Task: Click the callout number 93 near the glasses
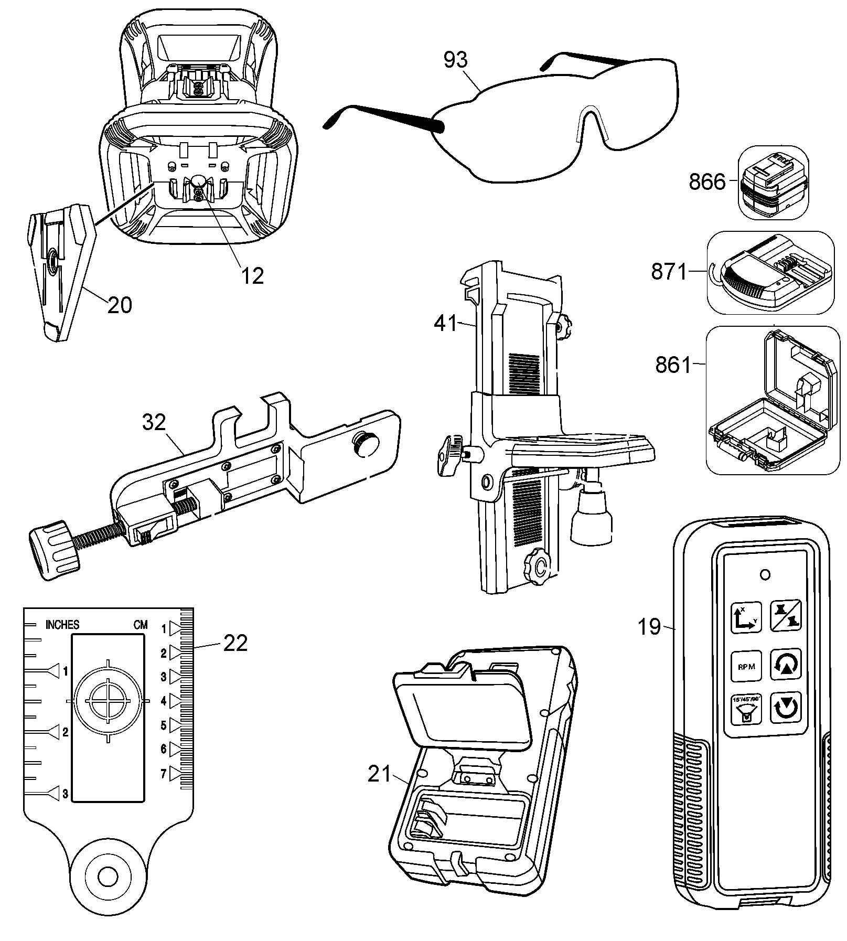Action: pyautogui.click(x=455, y=61)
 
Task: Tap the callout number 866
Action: pyautogui.click(x=707, y=182)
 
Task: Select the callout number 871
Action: pyautogui.click(x=669, y=272)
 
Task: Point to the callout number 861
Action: pyautogui.click(x=673, y=365)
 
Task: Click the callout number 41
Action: pyautogui.click(x=446, y=324)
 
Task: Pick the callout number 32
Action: pyautogui.click(x=154, y=422)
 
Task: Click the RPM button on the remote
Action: pyautogui.click(x=746, y=667)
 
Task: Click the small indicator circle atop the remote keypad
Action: pyautogui.click(x=765, y=575)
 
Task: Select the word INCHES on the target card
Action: pyautogui.click(x=62, y=625)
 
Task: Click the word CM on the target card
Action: pyautogui.click(x=140, y=625)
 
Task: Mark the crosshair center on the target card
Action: pyautogui.click(x=108, y=701)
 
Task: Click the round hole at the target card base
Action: pyautogui.click(x=107, y=875)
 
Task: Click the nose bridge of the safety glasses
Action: pyautogui.click(x=590, y=122)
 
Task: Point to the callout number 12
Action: pyautogui.click(x=252, y=275)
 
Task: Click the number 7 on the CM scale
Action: pyautogui.click(x=164, y=774)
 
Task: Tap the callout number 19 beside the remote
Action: pyautogui.click(x=649, y=627)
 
